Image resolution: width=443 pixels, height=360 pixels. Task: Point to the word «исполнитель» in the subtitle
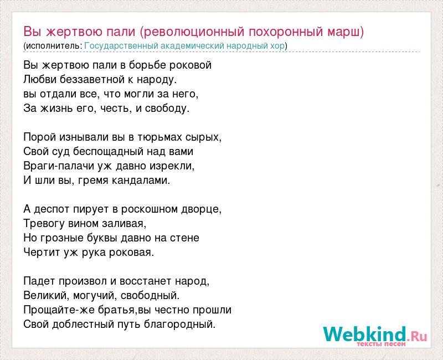tap(53, 46)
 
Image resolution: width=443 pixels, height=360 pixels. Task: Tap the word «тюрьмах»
tap(159, 137)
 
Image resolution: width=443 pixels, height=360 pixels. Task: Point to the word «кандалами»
tap(141, 181)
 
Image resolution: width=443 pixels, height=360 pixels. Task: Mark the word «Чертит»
tap(42, 253)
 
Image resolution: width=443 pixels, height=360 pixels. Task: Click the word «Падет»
tap(39, 281)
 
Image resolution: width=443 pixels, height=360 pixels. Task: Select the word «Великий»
tap(47, 296)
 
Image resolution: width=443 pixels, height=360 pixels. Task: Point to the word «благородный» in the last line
tap(179, 324)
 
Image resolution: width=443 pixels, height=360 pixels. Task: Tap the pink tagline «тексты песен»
tap(381, 344)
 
